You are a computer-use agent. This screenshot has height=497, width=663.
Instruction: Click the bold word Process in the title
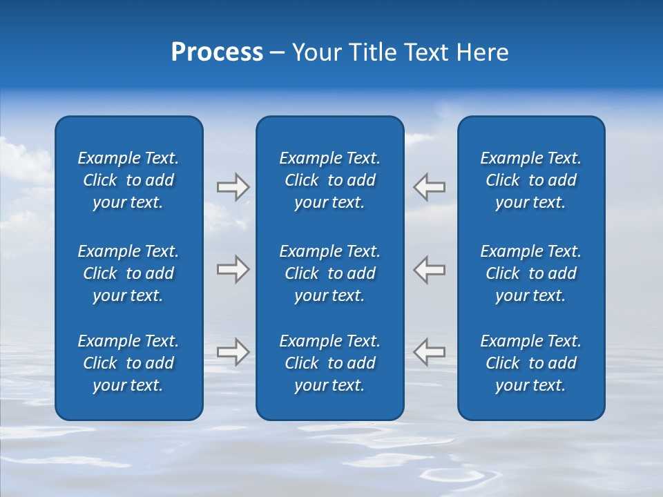[217, 52]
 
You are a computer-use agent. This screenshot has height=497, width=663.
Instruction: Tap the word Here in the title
[483, 52]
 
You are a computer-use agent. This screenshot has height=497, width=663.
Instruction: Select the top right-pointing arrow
[233, 187]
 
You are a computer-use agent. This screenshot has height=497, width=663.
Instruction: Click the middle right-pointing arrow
[233, 269]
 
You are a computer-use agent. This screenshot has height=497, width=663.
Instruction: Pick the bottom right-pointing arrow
[233, 351]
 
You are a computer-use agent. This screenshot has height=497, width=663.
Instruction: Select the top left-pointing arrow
[429, 187]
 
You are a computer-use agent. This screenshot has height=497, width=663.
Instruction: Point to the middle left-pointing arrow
[429, 269]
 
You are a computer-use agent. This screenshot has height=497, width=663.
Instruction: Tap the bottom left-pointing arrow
[429, 351]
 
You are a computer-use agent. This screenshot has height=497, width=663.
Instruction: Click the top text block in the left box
[128, 180]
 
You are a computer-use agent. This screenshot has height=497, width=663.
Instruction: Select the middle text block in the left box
[128, 273]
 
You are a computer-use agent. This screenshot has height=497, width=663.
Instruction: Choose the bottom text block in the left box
[128, 363]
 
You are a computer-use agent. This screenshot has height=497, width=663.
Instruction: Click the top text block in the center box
[330, 180]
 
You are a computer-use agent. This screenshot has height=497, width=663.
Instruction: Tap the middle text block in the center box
[330, 273]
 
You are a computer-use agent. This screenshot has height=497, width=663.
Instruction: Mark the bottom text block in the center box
[330, 363]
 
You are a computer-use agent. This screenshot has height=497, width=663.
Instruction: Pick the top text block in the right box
[531, 180]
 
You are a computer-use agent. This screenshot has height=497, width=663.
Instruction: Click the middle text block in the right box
[531, 273]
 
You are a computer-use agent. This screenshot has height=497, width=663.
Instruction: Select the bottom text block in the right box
[531, 363]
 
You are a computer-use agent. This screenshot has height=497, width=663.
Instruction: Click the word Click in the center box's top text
[302, 181]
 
